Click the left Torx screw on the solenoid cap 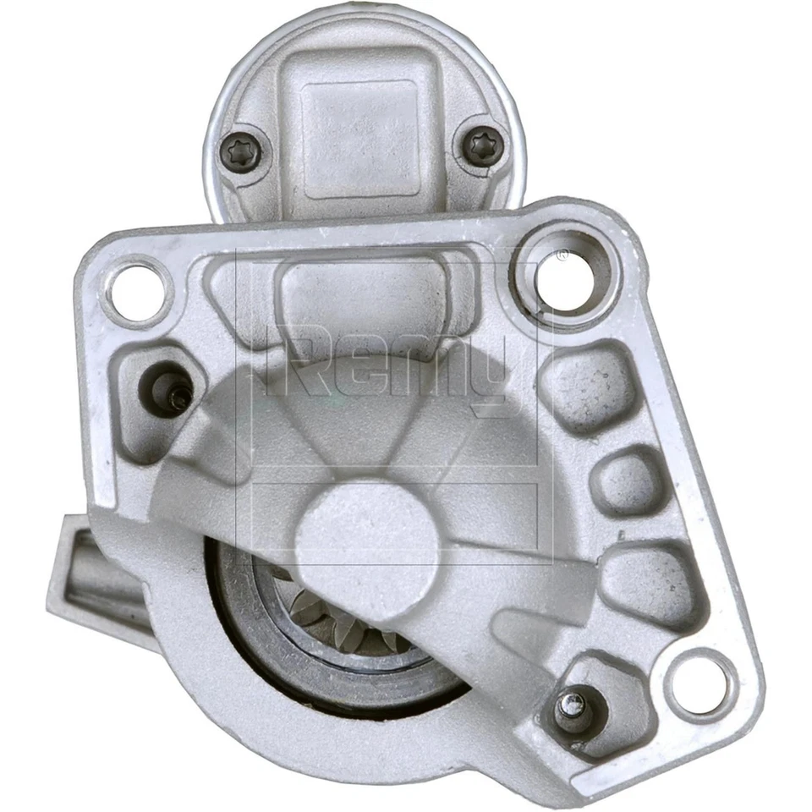[245, 153]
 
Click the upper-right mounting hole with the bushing [566, 276]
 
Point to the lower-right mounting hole [700, 683]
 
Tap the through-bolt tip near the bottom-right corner [573, 707]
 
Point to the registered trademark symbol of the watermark [561, 253]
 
